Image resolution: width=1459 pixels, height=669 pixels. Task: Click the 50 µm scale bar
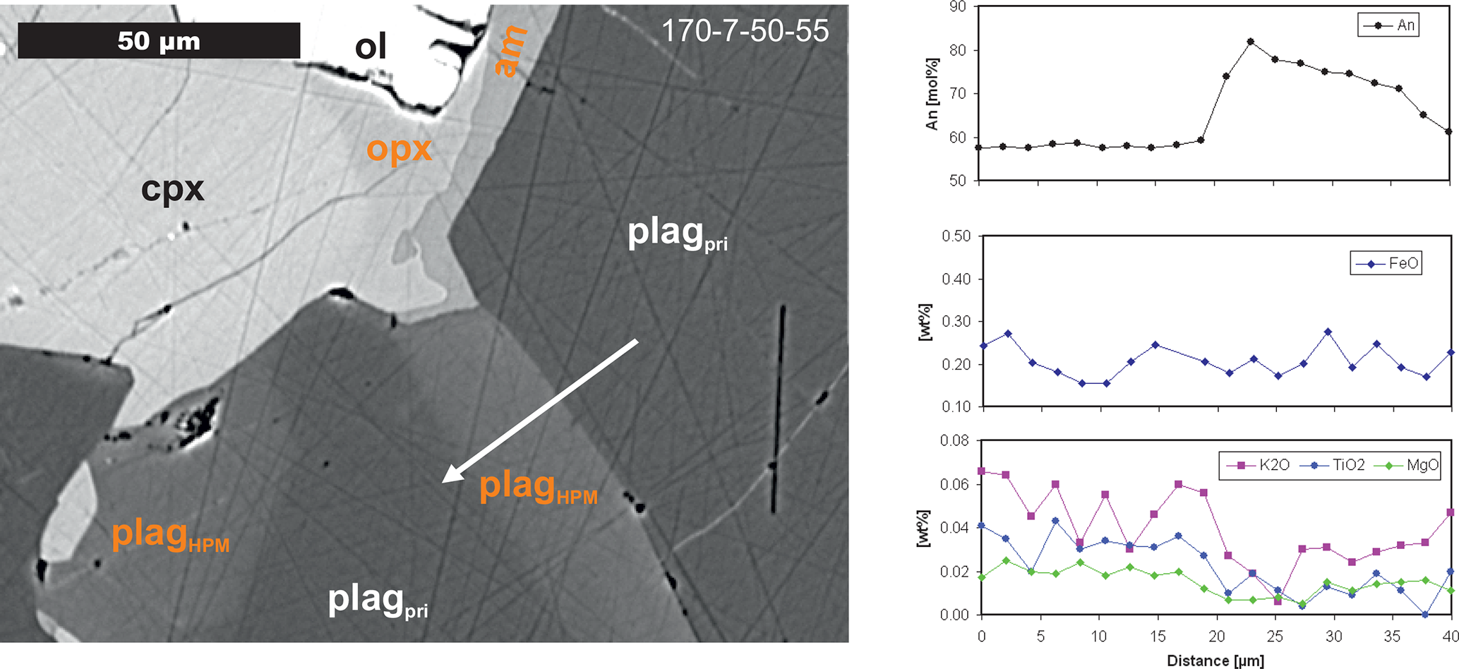159,40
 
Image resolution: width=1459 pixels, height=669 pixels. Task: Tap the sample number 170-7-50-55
745,30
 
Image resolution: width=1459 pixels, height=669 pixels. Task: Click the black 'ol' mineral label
371,47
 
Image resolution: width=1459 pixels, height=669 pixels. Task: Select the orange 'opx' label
399,149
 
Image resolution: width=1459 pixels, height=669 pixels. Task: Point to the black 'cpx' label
172,189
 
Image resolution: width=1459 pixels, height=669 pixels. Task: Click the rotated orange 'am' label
510,51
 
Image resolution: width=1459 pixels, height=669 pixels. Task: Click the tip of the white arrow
443,481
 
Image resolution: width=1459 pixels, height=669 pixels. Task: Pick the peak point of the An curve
1251,42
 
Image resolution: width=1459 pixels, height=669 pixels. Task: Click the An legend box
1388,25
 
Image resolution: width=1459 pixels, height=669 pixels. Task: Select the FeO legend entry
1386,263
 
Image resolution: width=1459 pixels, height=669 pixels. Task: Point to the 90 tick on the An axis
958,7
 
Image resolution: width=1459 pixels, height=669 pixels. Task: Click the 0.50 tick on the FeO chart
956,236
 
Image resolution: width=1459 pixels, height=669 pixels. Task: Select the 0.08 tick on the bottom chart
955,441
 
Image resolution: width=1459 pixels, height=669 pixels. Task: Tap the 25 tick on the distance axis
1274,636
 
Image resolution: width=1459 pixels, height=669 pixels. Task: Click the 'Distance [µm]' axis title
1215,661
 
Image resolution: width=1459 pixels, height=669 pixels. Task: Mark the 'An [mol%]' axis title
932,94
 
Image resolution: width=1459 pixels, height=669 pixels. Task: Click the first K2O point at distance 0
981,471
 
